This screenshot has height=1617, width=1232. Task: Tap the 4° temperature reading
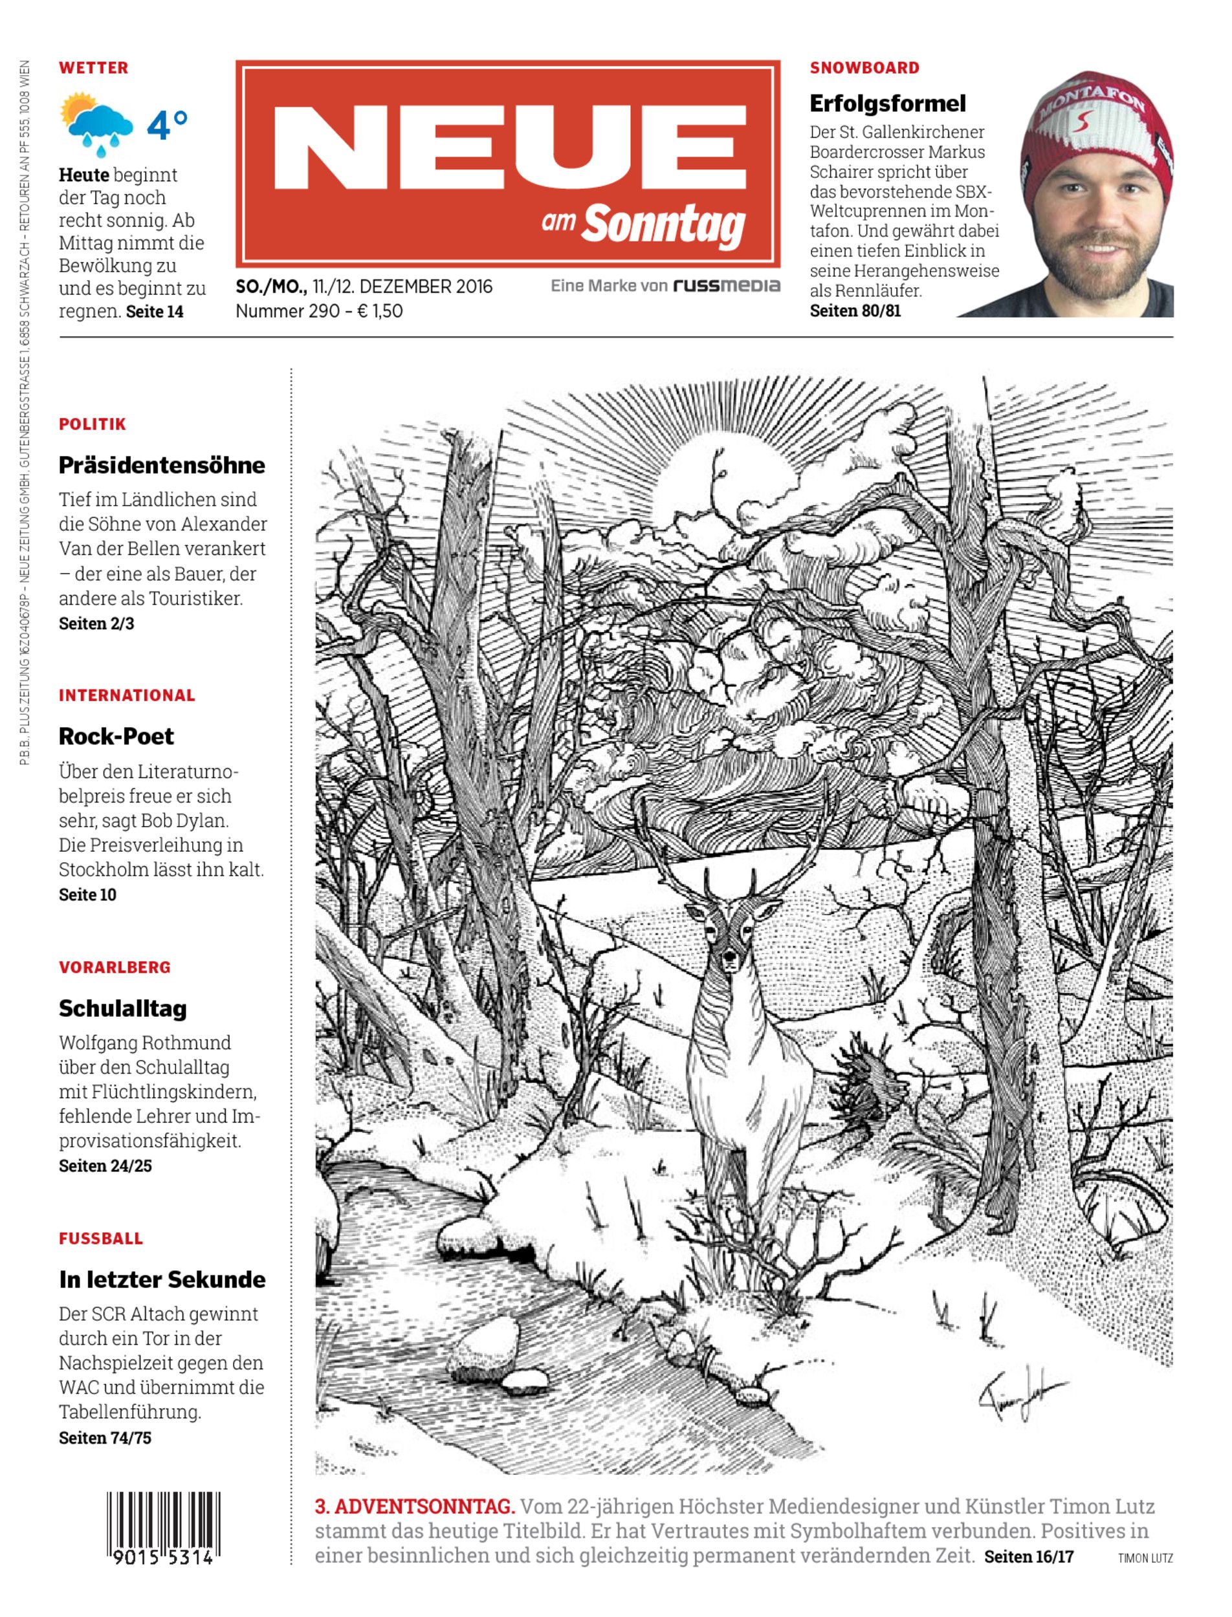pyautogui.click(x=167, y=125)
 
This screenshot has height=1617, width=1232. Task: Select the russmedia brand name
pyautogui.click(x=727, y=286)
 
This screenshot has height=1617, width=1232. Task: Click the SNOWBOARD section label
pyautogui.click(x=864, y=68)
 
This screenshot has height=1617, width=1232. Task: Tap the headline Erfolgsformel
pyautogui.click(x=887, y=103)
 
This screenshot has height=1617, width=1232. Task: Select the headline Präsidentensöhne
pyautogui.click(x=161, y=466)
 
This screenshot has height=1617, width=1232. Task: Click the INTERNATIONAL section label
pyautogui.click(x=127, y=695)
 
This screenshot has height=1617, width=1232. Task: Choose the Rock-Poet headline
pyautogui.click(x=116, y=736)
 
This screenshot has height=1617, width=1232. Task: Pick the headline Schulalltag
pyautogui.click(x=122, y=1008)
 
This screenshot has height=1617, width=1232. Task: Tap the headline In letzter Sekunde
pyautogui.click(x=162, y=1279)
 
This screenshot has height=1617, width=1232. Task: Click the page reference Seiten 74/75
pyautogui.click(x=105, y=1437)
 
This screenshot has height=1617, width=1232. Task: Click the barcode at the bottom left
pyautogui.click(x=163, y=1536)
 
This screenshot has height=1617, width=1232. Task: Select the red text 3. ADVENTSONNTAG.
pyautogui.click(x=415, y=1507)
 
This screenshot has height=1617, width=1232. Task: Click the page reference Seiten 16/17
pyautogui.click(x=1028, y=1556)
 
